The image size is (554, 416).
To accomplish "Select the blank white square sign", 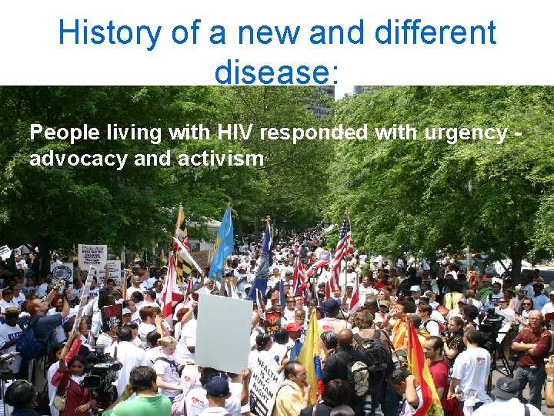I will pos(223,332).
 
